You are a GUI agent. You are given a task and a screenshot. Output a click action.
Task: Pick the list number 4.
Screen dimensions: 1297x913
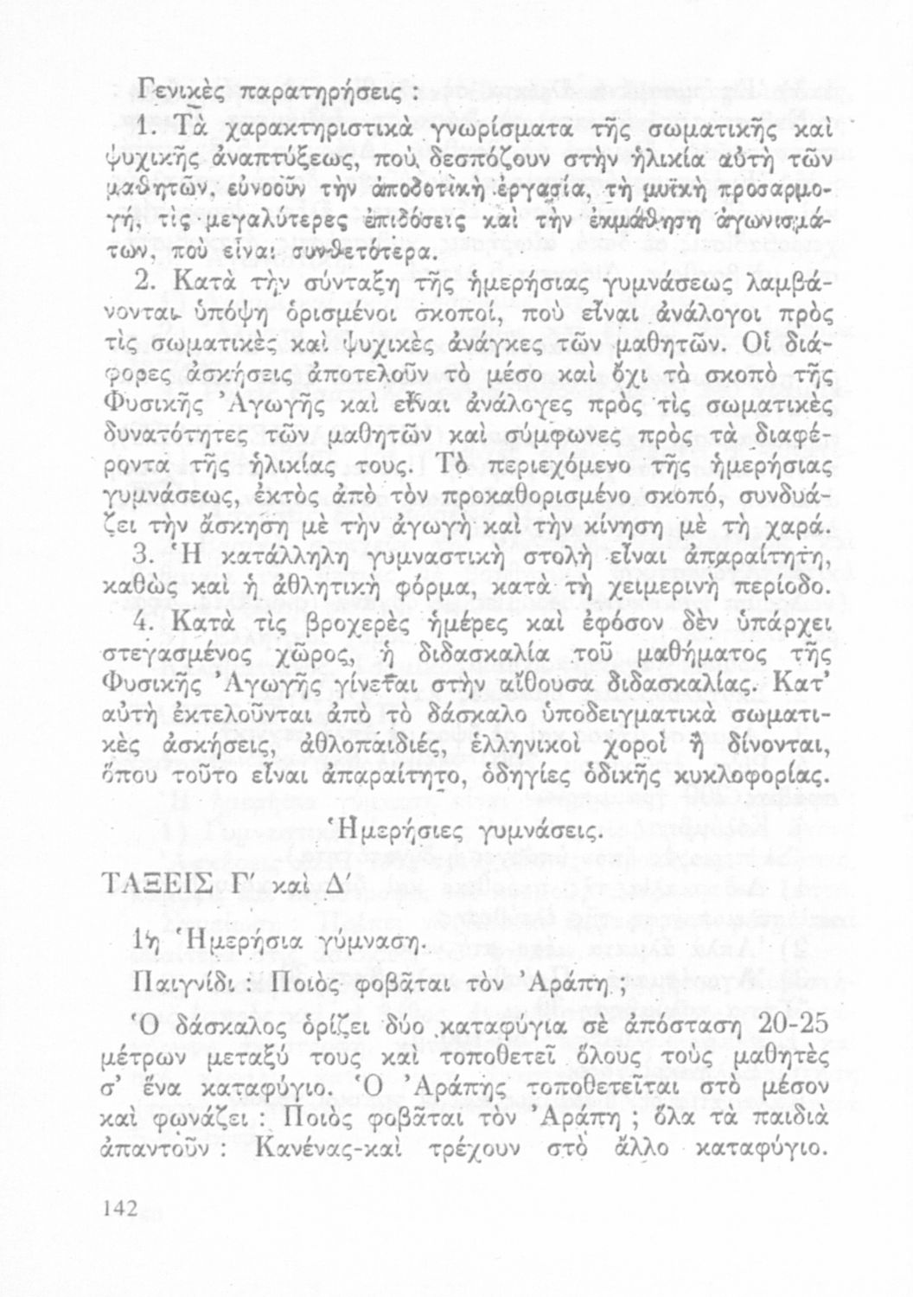(x=145, y=623)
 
